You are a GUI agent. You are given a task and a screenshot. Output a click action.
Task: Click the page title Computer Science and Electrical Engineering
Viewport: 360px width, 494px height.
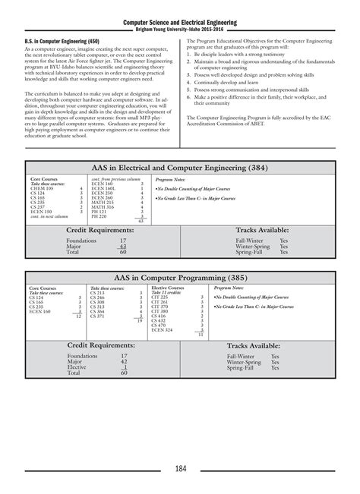point(180,23)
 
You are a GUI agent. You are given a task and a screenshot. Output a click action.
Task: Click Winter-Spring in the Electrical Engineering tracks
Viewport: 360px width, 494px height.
point(243,246)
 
